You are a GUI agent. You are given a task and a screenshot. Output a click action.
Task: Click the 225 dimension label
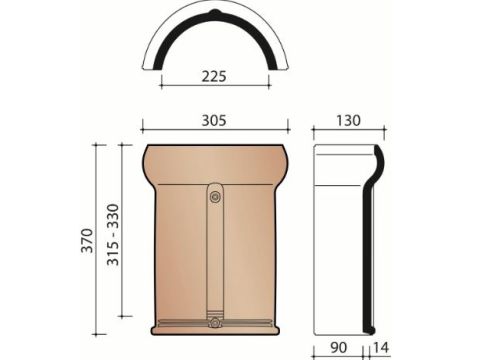(x=214, y=76)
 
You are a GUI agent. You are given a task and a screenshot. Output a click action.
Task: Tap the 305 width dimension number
(x=214, y=120)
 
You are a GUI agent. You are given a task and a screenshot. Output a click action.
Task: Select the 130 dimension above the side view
(x=348, y=120)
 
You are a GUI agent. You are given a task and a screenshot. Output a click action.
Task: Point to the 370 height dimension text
(x=87, y=240)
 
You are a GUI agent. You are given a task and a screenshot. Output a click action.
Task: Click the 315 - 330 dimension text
(x=113, y=234)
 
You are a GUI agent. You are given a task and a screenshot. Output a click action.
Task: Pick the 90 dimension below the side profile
(x=338, y=348)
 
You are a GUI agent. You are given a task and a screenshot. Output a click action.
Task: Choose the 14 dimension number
(x=381, y=348)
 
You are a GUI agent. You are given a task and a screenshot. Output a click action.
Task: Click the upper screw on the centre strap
(x=215, y=197)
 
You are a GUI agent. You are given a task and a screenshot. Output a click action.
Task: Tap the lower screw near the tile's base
(x=215, y=323)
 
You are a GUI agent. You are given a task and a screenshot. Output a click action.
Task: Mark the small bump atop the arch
(x=215, y=13)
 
